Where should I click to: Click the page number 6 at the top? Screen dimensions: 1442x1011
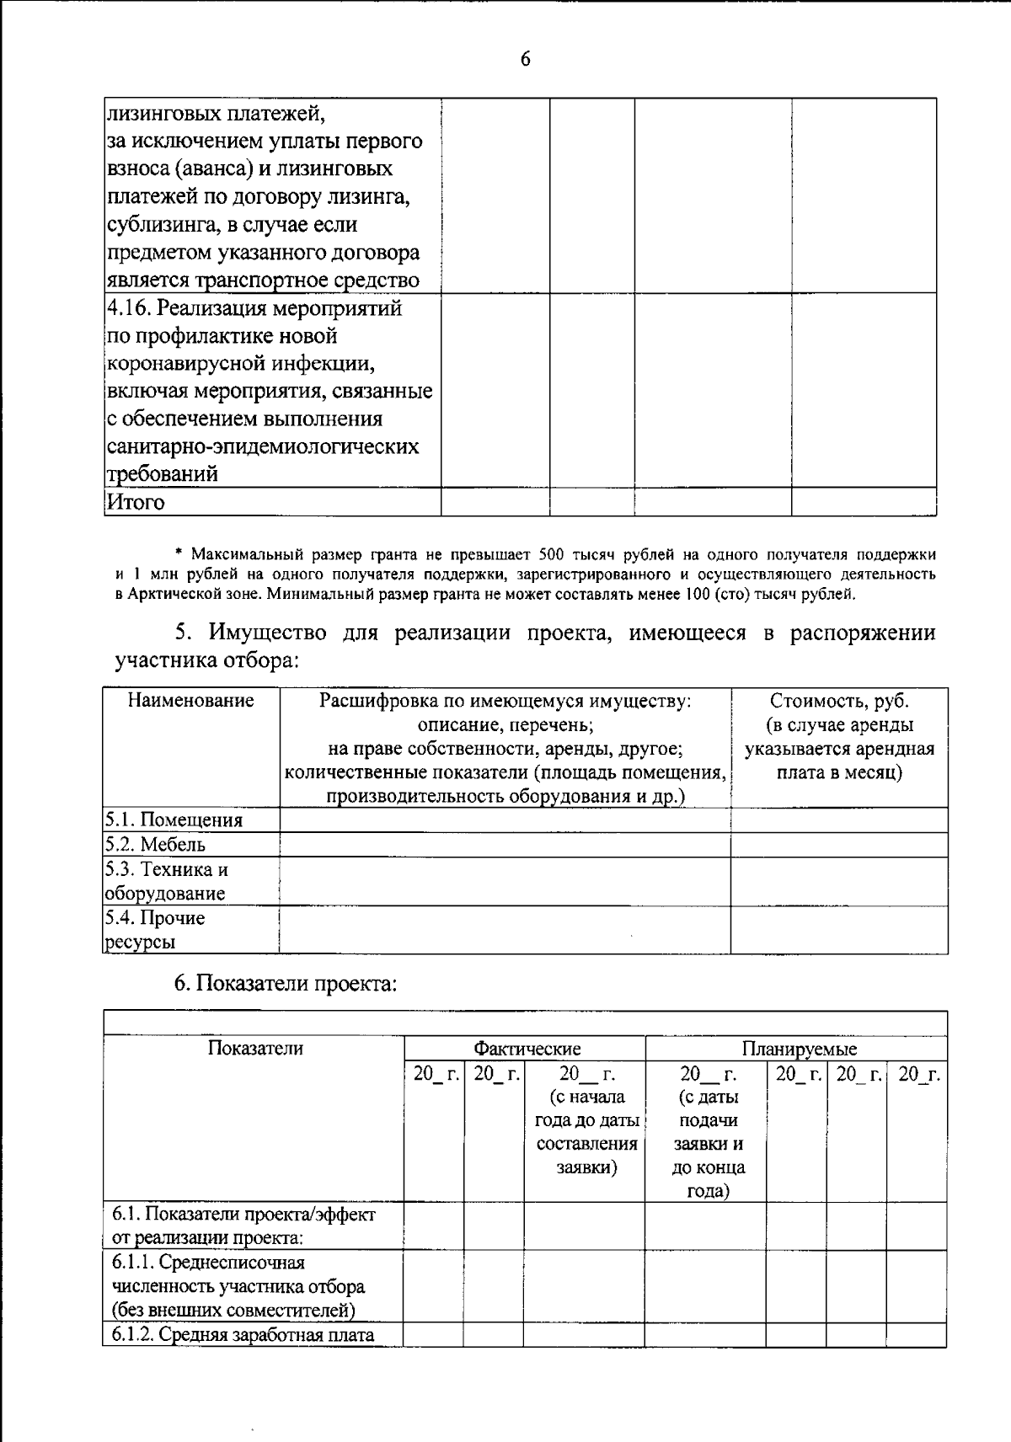525,59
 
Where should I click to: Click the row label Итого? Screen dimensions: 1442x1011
136,503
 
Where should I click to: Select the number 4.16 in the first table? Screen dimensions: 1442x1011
127,308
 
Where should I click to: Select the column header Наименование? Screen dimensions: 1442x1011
190,701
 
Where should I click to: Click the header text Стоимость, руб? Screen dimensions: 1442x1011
839,701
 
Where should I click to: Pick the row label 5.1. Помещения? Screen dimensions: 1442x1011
174,820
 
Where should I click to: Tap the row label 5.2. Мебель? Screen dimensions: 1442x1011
155,845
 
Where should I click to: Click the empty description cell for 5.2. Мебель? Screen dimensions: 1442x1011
504,845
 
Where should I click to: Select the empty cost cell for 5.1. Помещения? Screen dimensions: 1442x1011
838,820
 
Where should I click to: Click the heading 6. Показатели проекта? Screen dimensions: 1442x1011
285,983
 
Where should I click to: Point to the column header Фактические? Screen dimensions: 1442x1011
527,1049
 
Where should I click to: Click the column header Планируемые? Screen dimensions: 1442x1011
799,1049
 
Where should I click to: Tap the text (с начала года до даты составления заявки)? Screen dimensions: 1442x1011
586,1120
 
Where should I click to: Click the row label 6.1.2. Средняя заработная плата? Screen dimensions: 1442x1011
243,1334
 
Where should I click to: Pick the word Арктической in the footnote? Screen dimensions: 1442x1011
174,594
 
